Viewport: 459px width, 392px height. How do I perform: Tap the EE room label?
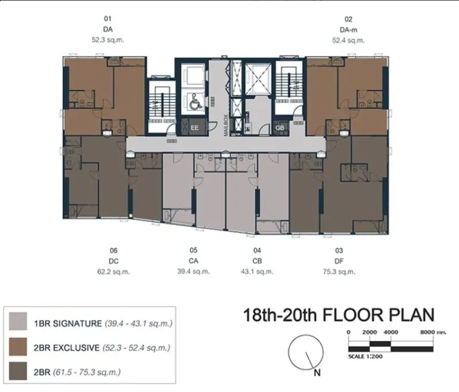point(195,128)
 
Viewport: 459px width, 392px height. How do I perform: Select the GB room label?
point(279,128)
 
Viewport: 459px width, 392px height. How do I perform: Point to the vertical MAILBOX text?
point(225,125)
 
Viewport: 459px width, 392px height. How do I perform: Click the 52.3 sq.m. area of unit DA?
point(108,40)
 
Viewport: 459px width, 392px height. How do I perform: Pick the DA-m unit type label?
point(348,30)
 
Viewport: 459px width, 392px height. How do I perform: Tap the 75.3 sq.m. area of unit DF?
point(339,272)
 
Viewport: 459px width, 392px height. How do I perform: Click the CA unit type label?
point(193,261)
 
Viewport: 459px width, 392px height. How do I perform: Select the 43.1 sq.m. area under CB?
point(257,271)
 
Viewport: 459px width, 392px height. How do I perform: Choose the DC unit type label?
point(114,261)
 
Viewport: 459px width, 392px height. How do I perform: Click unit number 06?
point(114,251)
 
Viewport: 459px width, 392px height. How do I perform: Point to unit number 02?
point(348,19)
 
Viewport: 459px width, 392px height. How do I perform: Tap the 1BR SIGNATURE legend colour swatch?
point(18,321)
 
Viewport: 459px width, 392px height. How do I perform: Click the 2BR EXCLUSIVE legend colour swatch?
point(18,347)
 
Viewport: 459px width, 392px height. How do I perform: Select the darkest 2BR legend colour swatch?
point(18,371)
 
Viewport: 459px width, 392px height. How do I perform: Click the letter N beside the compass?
point(317,372)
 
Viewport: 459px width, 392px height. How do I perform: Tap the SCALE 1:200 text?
point(365,356)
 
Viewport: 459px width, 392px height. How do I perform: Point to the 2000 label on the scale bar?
point(369,332)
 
